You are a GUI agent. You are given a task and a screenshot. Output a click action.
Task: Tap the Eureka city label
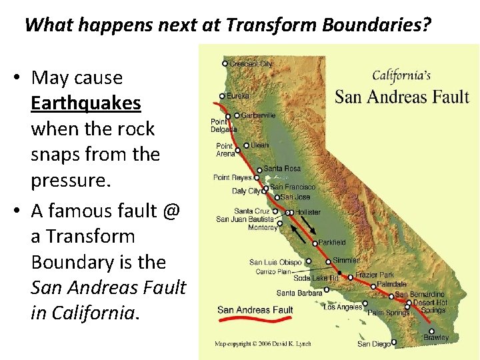pos(238,96)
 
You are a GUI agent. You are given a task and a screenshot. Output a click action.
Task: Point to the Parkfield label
pos(332,243)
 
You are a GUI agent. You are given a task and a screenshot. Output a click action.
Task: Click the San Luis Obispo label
pos(275,262)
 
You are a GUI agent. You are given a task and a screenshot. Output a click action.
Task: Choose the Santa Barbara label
pos(299,293)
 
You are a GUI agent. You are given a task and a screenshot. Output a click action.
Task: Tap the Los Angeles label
pos(343,307)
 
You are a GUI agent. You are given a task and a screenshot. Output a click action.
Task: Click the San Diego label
pos(373,344)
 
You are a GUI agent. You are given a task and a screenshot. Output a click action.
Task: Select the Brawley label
pos(436,338)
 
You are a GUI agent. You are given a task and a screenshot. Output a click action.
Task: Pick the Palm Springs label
pos(389,312)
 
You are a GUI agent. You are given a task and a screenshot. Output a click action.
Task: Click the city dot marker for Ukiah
pos(247,145)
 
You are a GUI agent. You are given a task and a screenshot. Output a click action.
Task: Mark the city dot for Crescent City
pos(225,64)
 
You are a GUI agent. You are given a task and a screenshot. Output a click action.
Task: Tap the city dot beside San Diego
pos(394,343)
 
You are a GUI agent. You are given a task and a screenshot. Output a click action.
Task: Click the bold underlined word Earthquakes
pos(86,103)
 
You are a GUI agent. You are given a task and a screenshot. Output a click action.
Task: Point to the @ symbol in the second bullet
pos(171,211)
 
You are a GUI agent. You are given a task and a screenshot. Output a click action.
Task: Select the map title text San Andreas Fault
pos(402,96)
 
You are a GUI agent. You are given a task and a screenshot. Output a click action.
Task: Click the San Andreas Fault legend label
pos(255,310)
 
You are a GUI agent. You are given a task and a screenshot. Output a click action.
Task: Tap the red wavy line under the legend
pos(255,319)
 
